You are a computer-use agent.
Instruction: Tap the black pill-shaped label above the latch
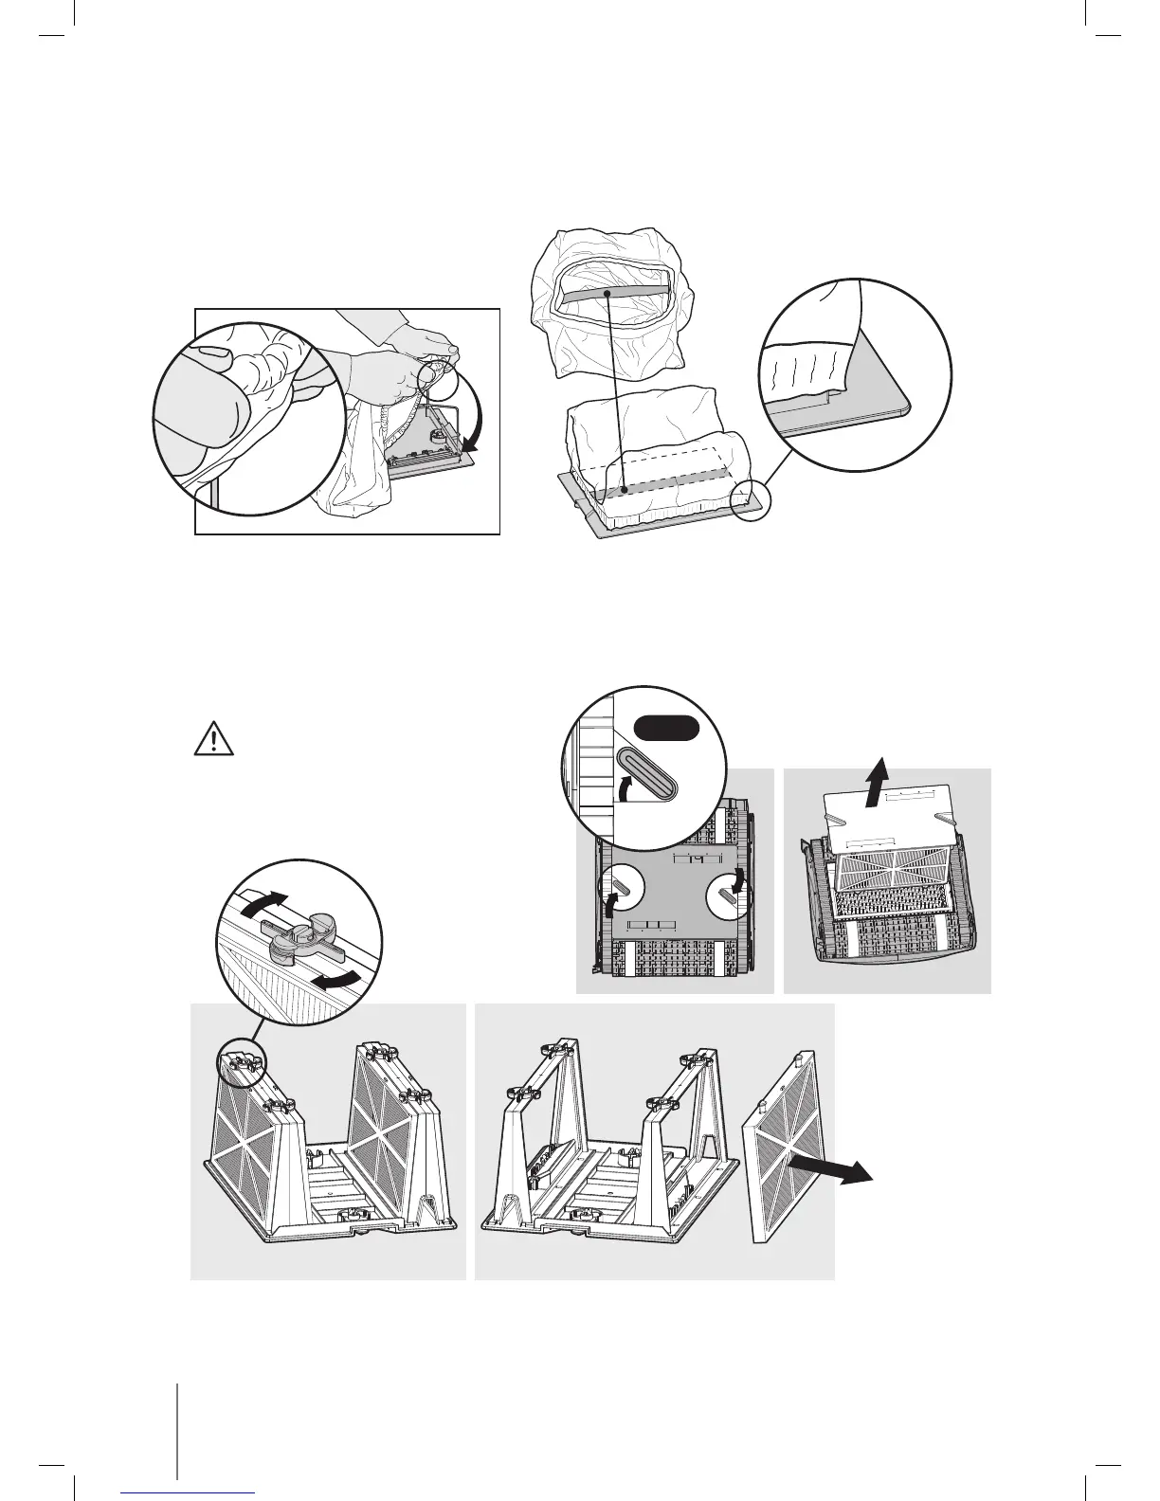666,728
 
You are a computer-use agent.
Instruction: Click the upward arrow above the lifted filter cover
879,753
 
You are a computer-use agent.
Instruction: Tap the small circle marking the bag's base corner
753,497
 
